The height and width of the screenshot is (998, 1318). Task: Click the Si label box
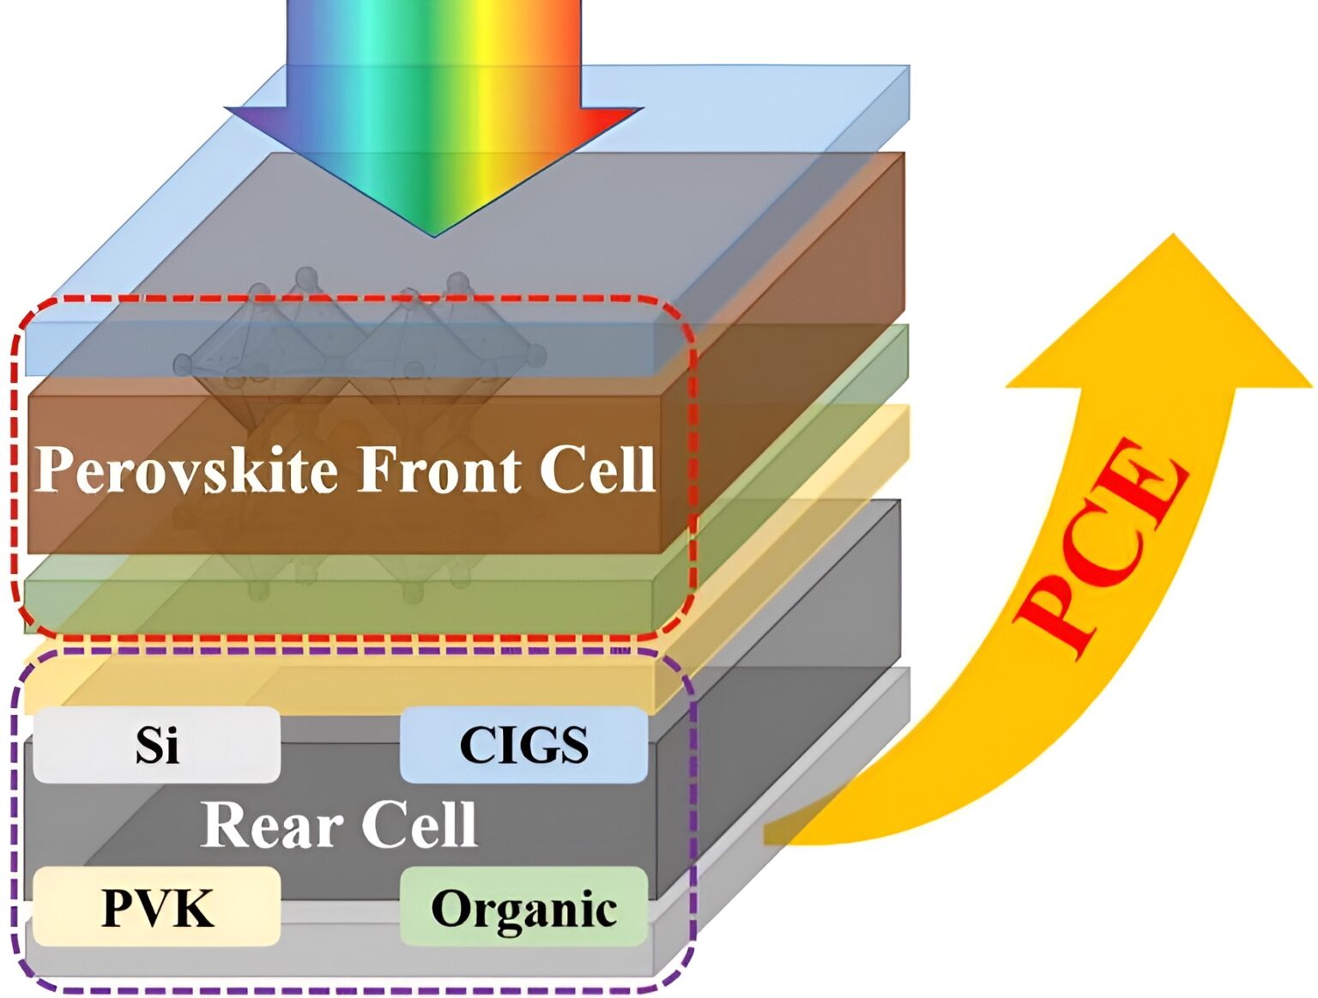pos(157,745)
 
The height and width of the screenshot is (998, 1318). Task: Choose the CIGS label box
pos(523,745)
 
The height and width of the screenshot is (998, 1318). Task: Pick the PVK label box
pos(157,907)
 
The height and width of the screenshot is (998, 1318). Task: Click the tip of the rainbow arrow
pos(433,234)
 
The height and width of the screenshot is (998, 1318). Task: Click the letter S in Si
pos(146,745)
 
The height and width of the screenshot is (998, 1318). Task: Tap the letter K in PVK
pos(193,907)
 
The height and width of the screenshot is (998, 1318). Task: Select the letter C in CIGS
pos(477,745)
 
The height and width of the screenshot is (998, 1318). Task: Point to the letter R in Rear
pos(224,825)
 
